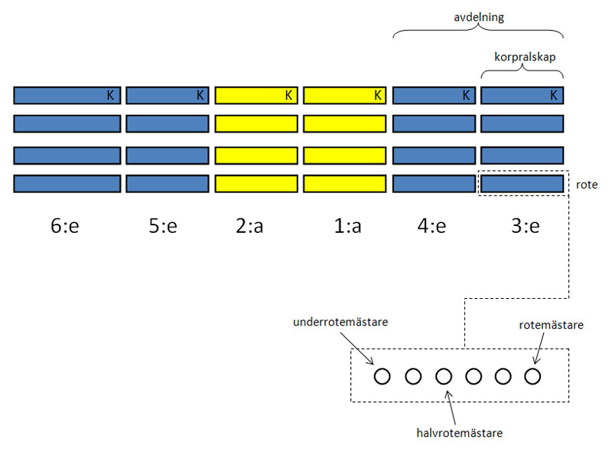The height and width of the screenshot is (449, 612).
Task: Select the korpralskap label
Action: (522, 55)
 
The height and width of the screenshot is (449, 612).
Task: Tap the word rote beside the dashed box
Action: (588, 185)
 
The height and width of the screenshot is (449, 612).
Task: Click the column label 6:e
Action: (67, 228)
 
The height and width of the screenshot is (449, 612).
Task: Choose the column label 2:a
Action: (258, 228)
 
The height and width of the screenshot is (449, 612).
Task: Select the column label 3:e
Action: (522, 228)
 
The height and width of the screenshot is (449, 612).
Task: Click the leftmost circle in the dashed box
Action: (382, 376)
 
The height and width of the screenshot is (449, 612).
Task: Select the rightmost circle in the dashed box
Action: (532, 376)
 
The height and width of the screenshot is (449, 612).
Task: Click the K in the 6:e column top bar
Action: (110, 96)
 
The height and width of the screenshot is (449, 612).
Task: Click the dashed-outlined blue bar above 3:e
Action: (522, 184)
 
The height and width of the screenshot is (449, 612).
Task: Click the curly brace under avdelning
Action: (479, 31)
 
